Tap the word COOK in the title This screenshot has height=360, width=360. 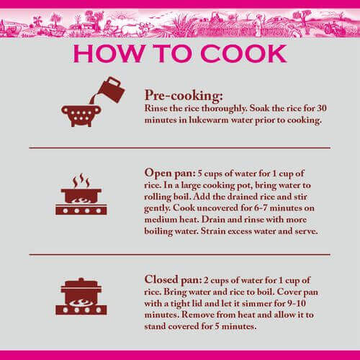pos(243,53)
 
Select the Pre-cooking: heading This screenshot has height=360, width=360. pos(184,96)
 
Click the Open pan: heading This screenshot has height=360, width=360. pos(170,174)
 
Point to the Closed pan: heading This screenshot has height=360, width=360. pos(173,280)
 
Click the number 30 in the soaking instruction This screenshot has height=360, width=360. pos(322,108)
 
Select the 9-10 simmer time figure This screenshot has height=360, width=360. pos(297,303)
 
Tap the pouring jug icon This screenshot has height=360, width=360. pos(111,90)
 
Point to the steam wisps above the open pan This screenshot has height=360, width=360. pos(81,180)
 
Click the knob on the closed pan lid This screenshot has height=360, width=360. pos(81,280)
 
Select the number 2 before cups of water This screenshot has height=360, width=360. pos(206,280)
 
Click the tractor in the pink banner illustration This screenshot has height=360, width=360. pos(333,28)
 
